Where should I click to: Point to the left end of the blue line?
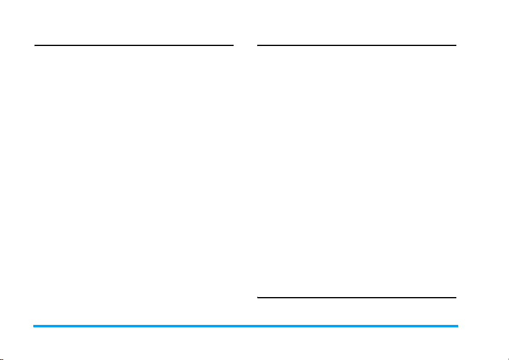(34, 326)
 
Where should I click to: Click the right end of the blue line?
(457, 326)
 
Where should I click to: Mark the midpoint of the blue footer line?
(246, 326)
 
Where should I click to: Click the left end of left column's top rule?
(35, 45)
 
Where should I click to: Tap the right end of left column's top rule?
(232, 45)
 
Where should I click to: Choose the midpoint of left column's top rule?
(134, 45)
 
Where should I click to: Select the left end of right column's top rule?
(258, 45)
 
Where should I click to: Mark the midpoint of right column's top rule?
(356, 45)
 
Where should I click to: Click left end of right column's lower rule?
(258, 298)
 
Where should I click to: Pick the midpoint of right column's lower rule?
(356, 298)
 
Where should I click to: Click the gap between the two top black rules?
(245, 45)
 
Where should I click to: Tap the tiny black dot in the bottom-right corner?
(507, 358)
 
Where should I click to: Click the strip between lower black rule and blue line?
(356, 312)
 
